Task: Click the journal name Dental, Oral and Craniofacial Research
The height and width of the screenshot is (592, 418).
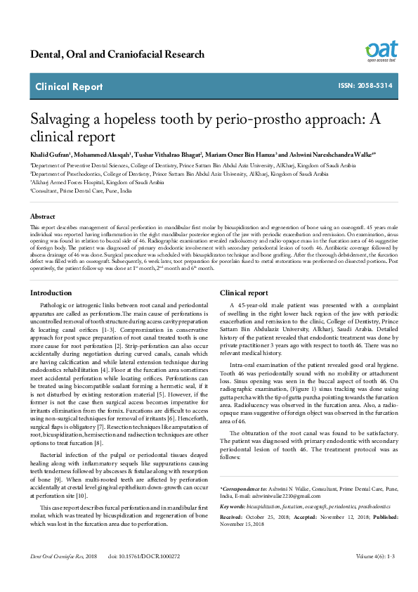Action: [x=117, y=55]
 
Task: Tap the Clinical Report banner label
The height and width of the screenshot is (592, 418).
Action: [x=69, y=87]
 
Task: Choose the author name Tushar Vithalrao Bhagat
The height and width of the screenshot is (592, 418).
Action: [x=170, y=153]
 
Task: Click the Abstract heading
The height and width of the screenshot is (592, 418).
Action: [x=42, y=217]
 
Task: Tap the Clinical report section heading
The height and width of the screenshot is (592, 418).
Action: [x=244, y=292]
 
